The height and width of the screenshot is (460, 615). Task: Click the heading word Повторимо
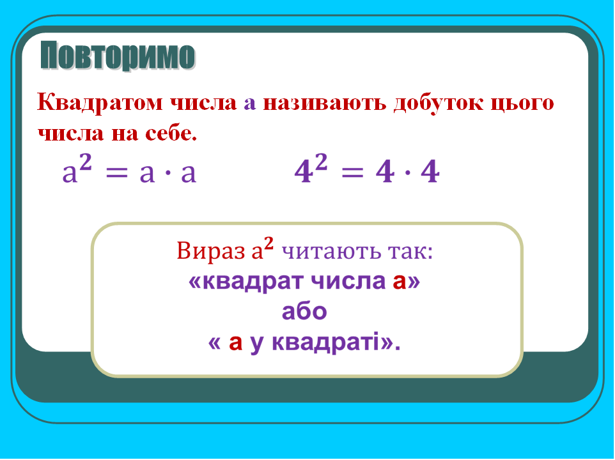(x=118, y=56)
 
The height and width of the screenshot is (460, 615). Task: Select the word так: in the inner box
(x=409, y=251)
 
